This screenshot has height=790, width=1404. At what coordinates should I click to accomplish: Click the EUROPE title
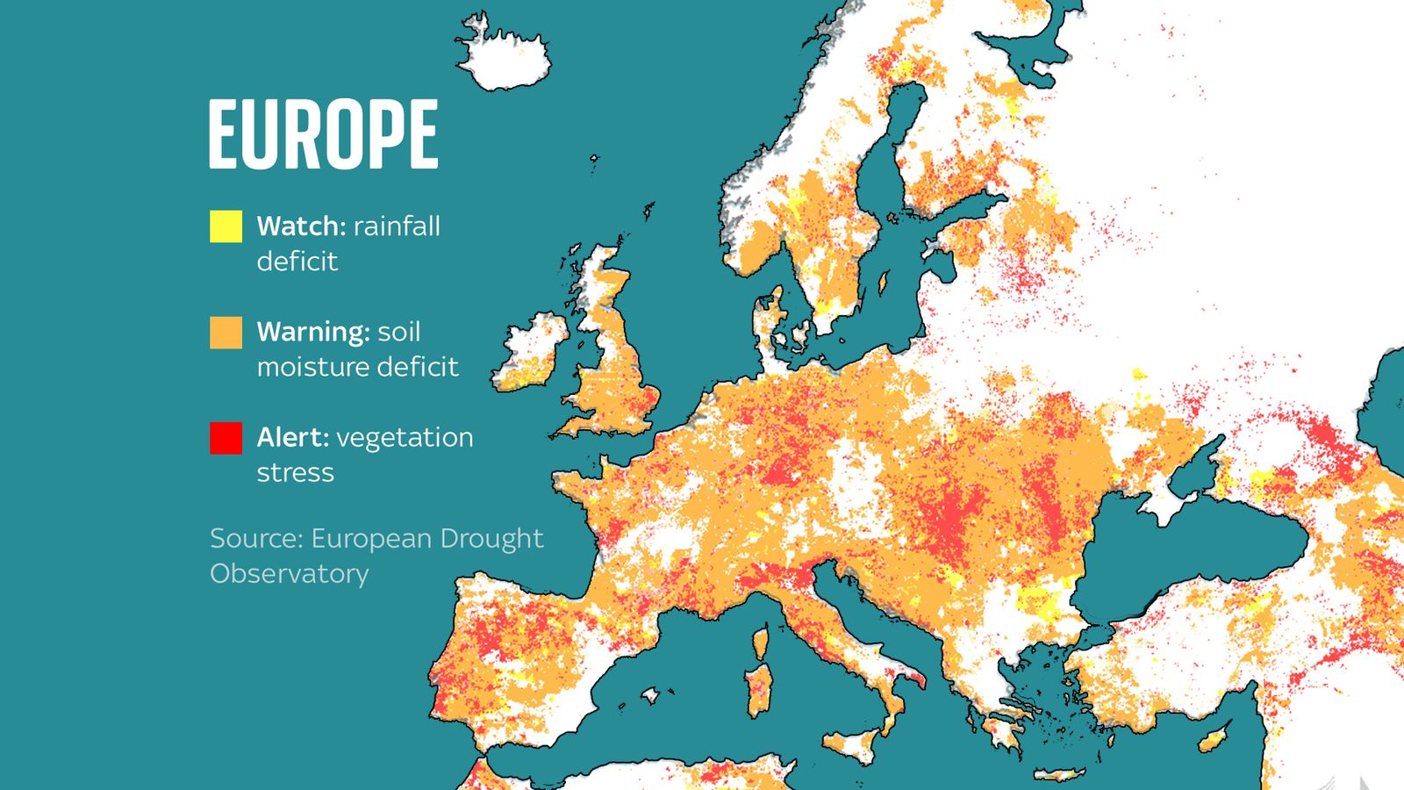323,133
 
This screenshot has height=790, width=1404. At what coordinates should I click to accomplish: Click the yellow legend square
226,226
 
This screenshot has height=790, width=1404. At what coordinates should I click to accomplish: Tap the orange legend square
226,333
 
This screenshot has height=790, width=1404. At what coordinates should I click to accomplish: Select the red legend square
226,438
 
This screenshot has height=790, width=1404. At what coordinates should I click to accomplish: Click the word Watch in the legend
301,226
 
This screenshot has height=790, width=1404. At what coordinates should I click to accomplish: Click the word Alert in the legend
292,437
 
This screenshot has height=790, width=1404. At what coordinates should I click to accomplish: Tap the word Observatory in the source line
290,573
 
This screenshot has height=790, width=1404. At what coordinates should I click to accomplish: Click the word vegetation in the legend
405,437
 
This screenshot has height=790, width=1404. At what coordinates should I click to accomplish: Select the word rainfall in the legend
397,226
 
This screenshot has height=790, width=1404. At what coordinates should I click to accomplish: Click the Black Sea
1185,544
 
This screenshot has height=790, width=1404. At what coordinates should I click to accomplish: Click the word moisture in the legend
308,367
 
